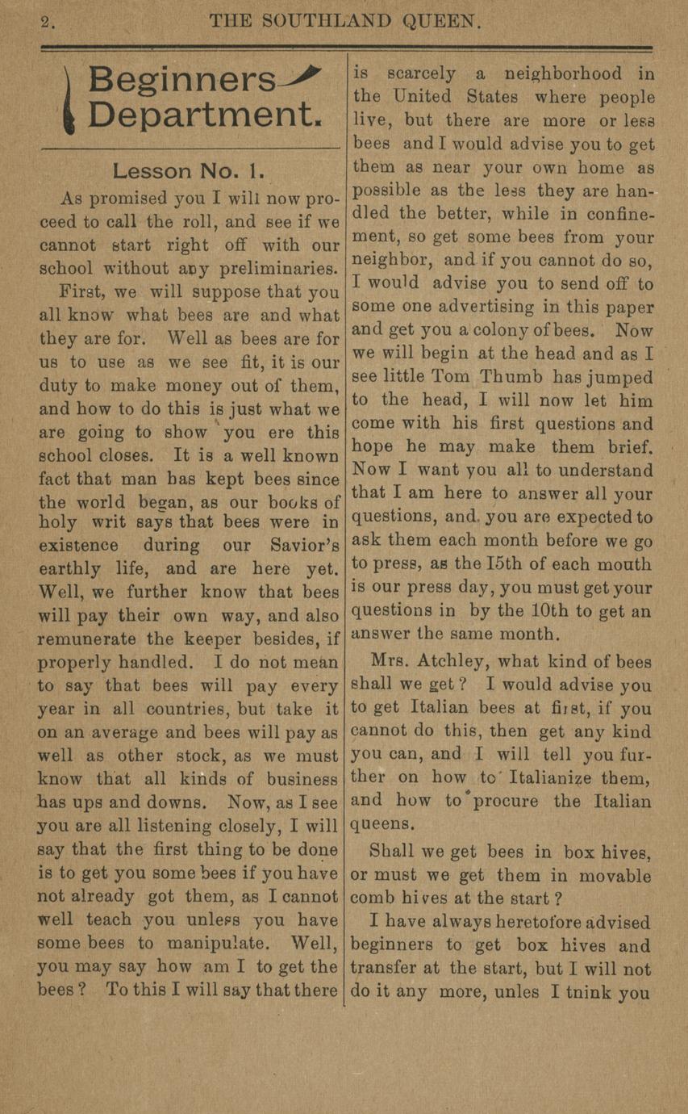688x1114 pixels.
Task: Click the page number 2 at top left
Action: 47,23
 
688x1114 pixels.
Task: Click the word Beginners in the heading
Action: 181,80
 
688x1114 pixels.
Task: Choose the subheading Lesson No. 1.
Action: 184,171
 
